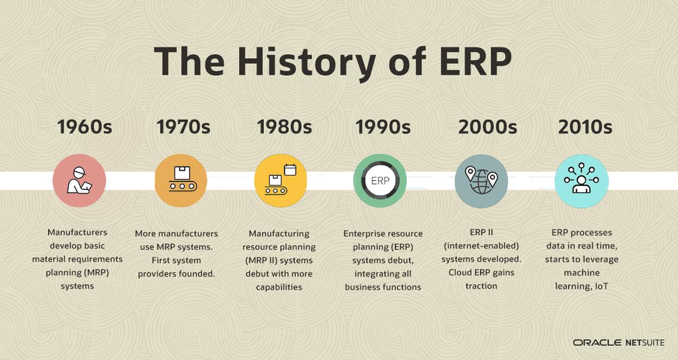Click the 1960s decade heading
(84, 127)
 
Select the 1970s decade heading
(183, 127)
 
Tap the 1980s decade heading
(284, 127)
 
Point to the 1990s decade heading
(383, 127)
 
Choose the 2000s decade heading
(488, 127)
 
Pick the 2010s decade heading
(585, 127)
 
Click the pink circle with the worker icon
(79, 181)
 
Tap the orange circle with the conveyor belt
(181, 181)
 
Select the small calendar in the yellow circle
(290, 170)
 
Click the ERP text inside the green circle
(380, 181)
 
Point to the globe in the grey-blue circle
(481, 181)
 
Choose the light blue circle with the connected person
(581, 181)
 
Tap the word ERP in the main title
(476, 61)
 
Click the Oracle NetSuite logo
(619, 342)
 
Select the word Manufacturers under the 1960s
(77, 232)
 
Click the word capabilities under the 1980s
(279, 287)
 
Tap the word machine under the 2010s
(581, 272)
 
